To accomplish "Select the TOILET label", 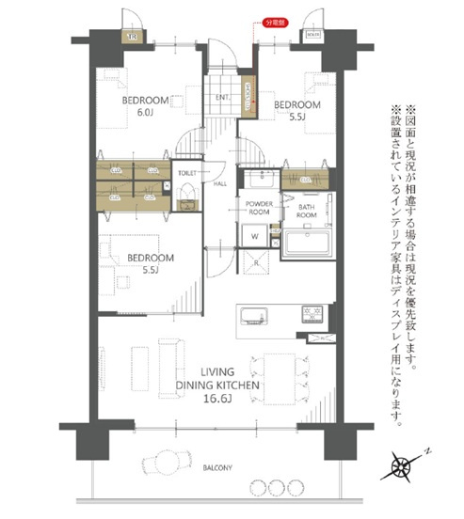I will click(x=186, y=173).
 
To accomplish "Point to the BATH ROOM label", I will click(x=308, y=211).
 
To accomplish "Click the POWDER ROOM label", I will click(x=259, y=208).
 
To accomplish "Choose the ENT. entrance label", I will click(x=224, y=97).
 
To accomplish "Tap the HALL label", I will click(x=219, y=183).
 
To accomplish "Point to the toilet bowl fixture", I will click(x=186, y=197).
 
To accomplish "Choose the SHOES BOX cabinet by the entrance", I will click(x=248, y=97).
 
